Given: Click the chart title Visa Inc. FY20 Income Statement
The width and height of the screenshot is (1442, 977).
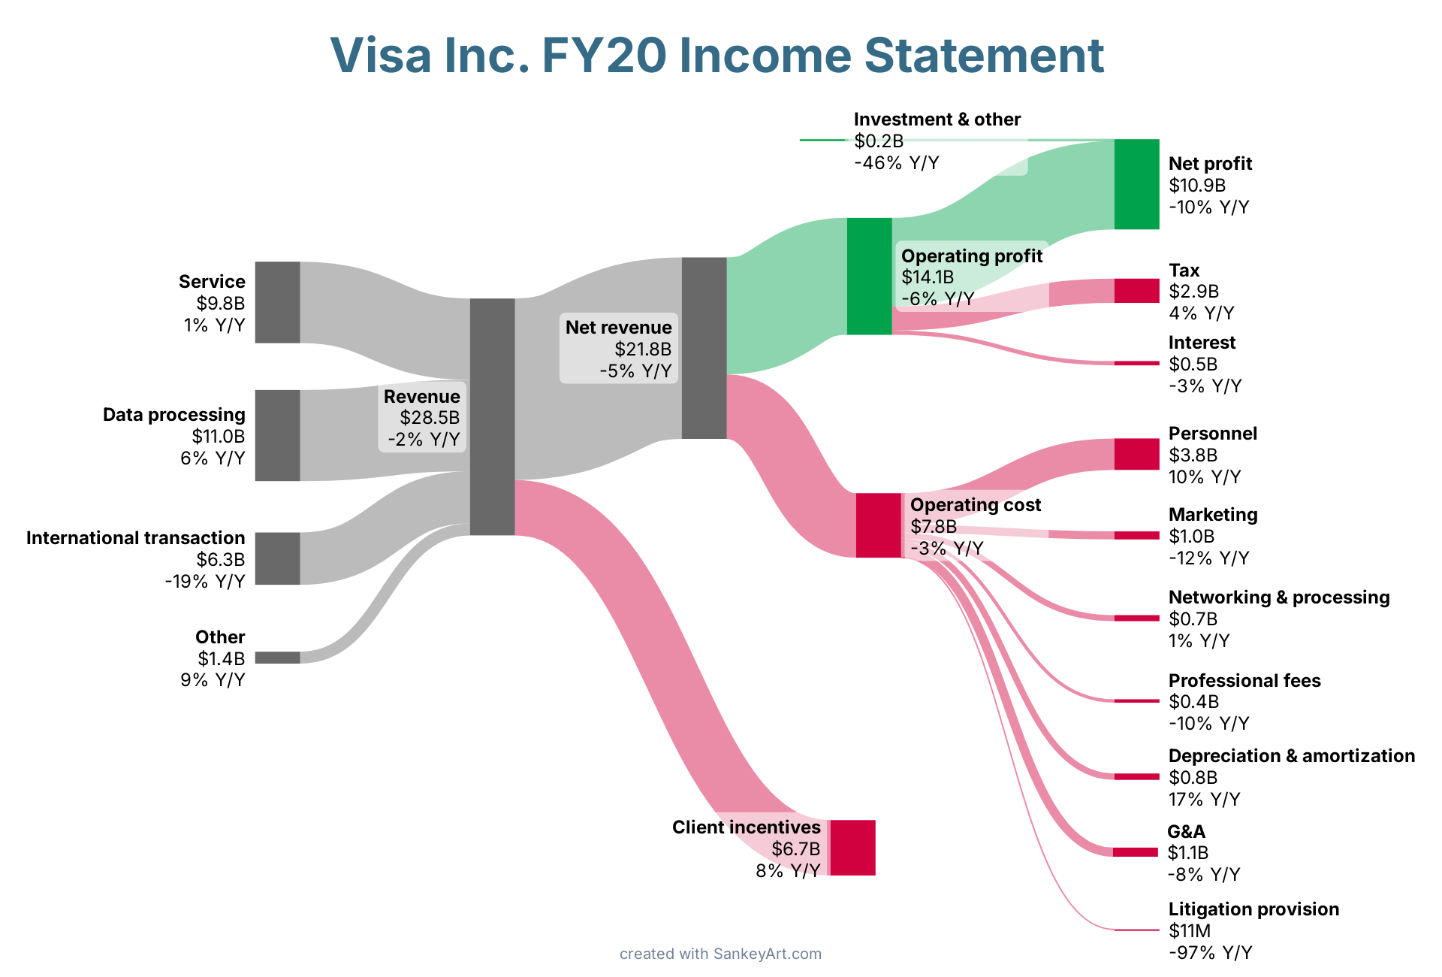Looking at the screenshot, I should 716,56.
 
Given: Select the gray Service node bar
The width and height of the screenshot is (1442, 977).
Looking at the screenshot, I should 277,302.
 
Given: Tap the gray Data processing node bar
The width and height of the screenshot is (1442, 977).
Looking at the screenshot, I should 277,435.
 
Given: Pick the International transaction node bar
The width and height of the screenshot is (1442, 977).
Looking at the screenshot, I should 277,558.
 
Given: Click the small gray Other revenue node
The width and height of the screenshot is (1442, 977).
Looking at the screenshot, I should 277,658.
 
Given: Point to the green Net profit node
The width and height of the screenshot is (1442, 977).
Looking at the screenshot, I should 1136,184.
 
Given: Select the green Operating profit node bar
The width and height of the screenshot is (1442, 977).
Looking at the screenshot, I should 869,276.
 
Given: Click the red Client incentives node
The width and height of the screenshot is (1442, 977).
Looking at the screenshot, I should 852,848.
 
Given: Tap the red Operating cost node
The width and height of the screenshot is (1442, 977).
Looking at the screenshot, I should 878,525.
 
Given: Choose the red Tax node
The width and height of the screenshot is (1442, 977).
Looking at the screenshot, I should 1136,291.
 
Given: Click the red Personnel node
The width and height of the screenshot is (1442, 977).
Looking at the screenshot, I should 1136,454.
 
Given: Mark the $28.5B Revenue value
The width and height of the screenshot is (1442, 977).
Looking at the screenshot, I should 430,418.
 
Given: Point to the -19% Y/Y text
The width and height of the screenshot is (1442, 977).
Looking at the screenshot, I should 205,582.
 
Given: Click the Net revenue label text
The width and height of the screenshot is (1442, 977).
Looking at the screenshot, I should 618,328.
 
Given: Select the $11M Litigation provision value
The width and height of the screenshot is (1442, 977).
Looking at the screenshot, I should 1190,931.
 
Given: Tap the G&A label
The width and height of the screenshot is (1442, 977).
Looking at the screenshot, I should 1186,832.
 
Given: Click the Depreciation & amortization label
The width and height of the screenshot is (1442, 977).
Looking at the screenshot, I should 1291,756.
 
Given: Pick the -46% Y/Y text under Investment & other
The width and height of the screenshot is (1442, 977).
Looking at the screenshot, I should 896,163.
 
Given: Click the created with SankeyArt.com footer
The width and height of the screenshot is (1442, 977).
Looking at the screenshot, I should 720,954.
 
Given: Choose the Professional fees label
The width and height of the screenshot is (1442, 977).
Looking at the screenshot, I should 1244,681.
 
